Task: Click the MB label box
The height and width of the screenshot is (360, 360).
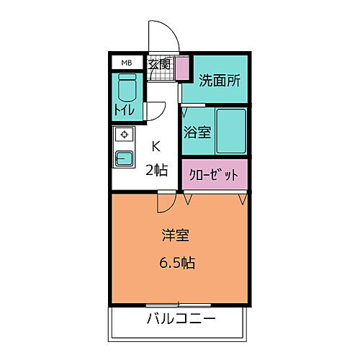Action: tap(126, 63)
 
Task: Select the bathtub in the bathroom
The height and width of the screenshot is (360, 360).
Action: tap(230, 130)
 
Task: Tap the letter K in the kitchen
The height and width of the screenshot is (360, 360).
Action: tap(156, 146)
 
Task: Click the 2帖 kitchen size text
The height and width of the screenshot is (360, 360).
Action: tap(157, 170)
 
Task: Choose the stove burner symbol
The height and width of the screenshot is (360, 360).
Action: tap(124, 135)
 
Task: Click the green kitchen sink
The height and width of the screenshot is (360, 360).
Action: tap(124, 158)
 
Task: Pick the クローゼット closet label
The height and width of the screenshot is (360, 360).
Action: tap(213, 175)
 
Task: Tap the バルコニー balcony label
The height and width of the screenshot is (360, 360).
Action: tap(181, 319)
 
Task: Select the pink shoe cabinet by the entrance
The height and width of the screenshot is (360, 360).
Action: tap(180, 67)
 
